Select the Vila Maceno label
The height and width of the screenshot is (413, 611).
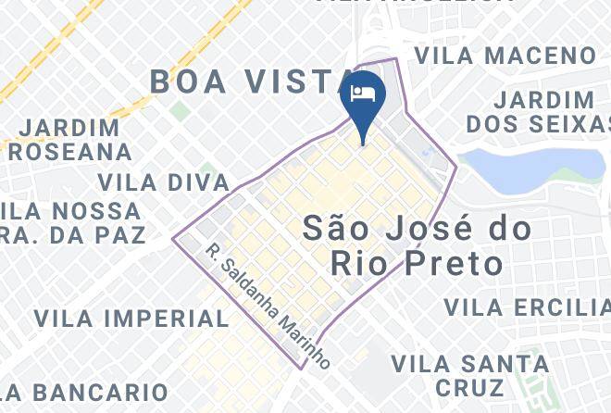[505, 56]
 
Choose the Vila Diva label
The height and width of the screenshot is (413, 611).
[163, 181]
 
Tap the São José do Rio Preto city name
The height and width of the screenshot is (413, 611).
[418, 245]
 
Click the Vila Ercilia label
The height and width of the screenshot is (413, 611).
[526, 307]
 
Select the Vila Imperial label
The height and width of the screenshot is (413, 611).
[131, 319]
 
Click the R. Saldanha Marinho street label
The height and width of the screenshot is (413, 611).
[268, 307]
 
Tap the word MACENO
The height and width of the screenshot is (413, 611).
[544, 56]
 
